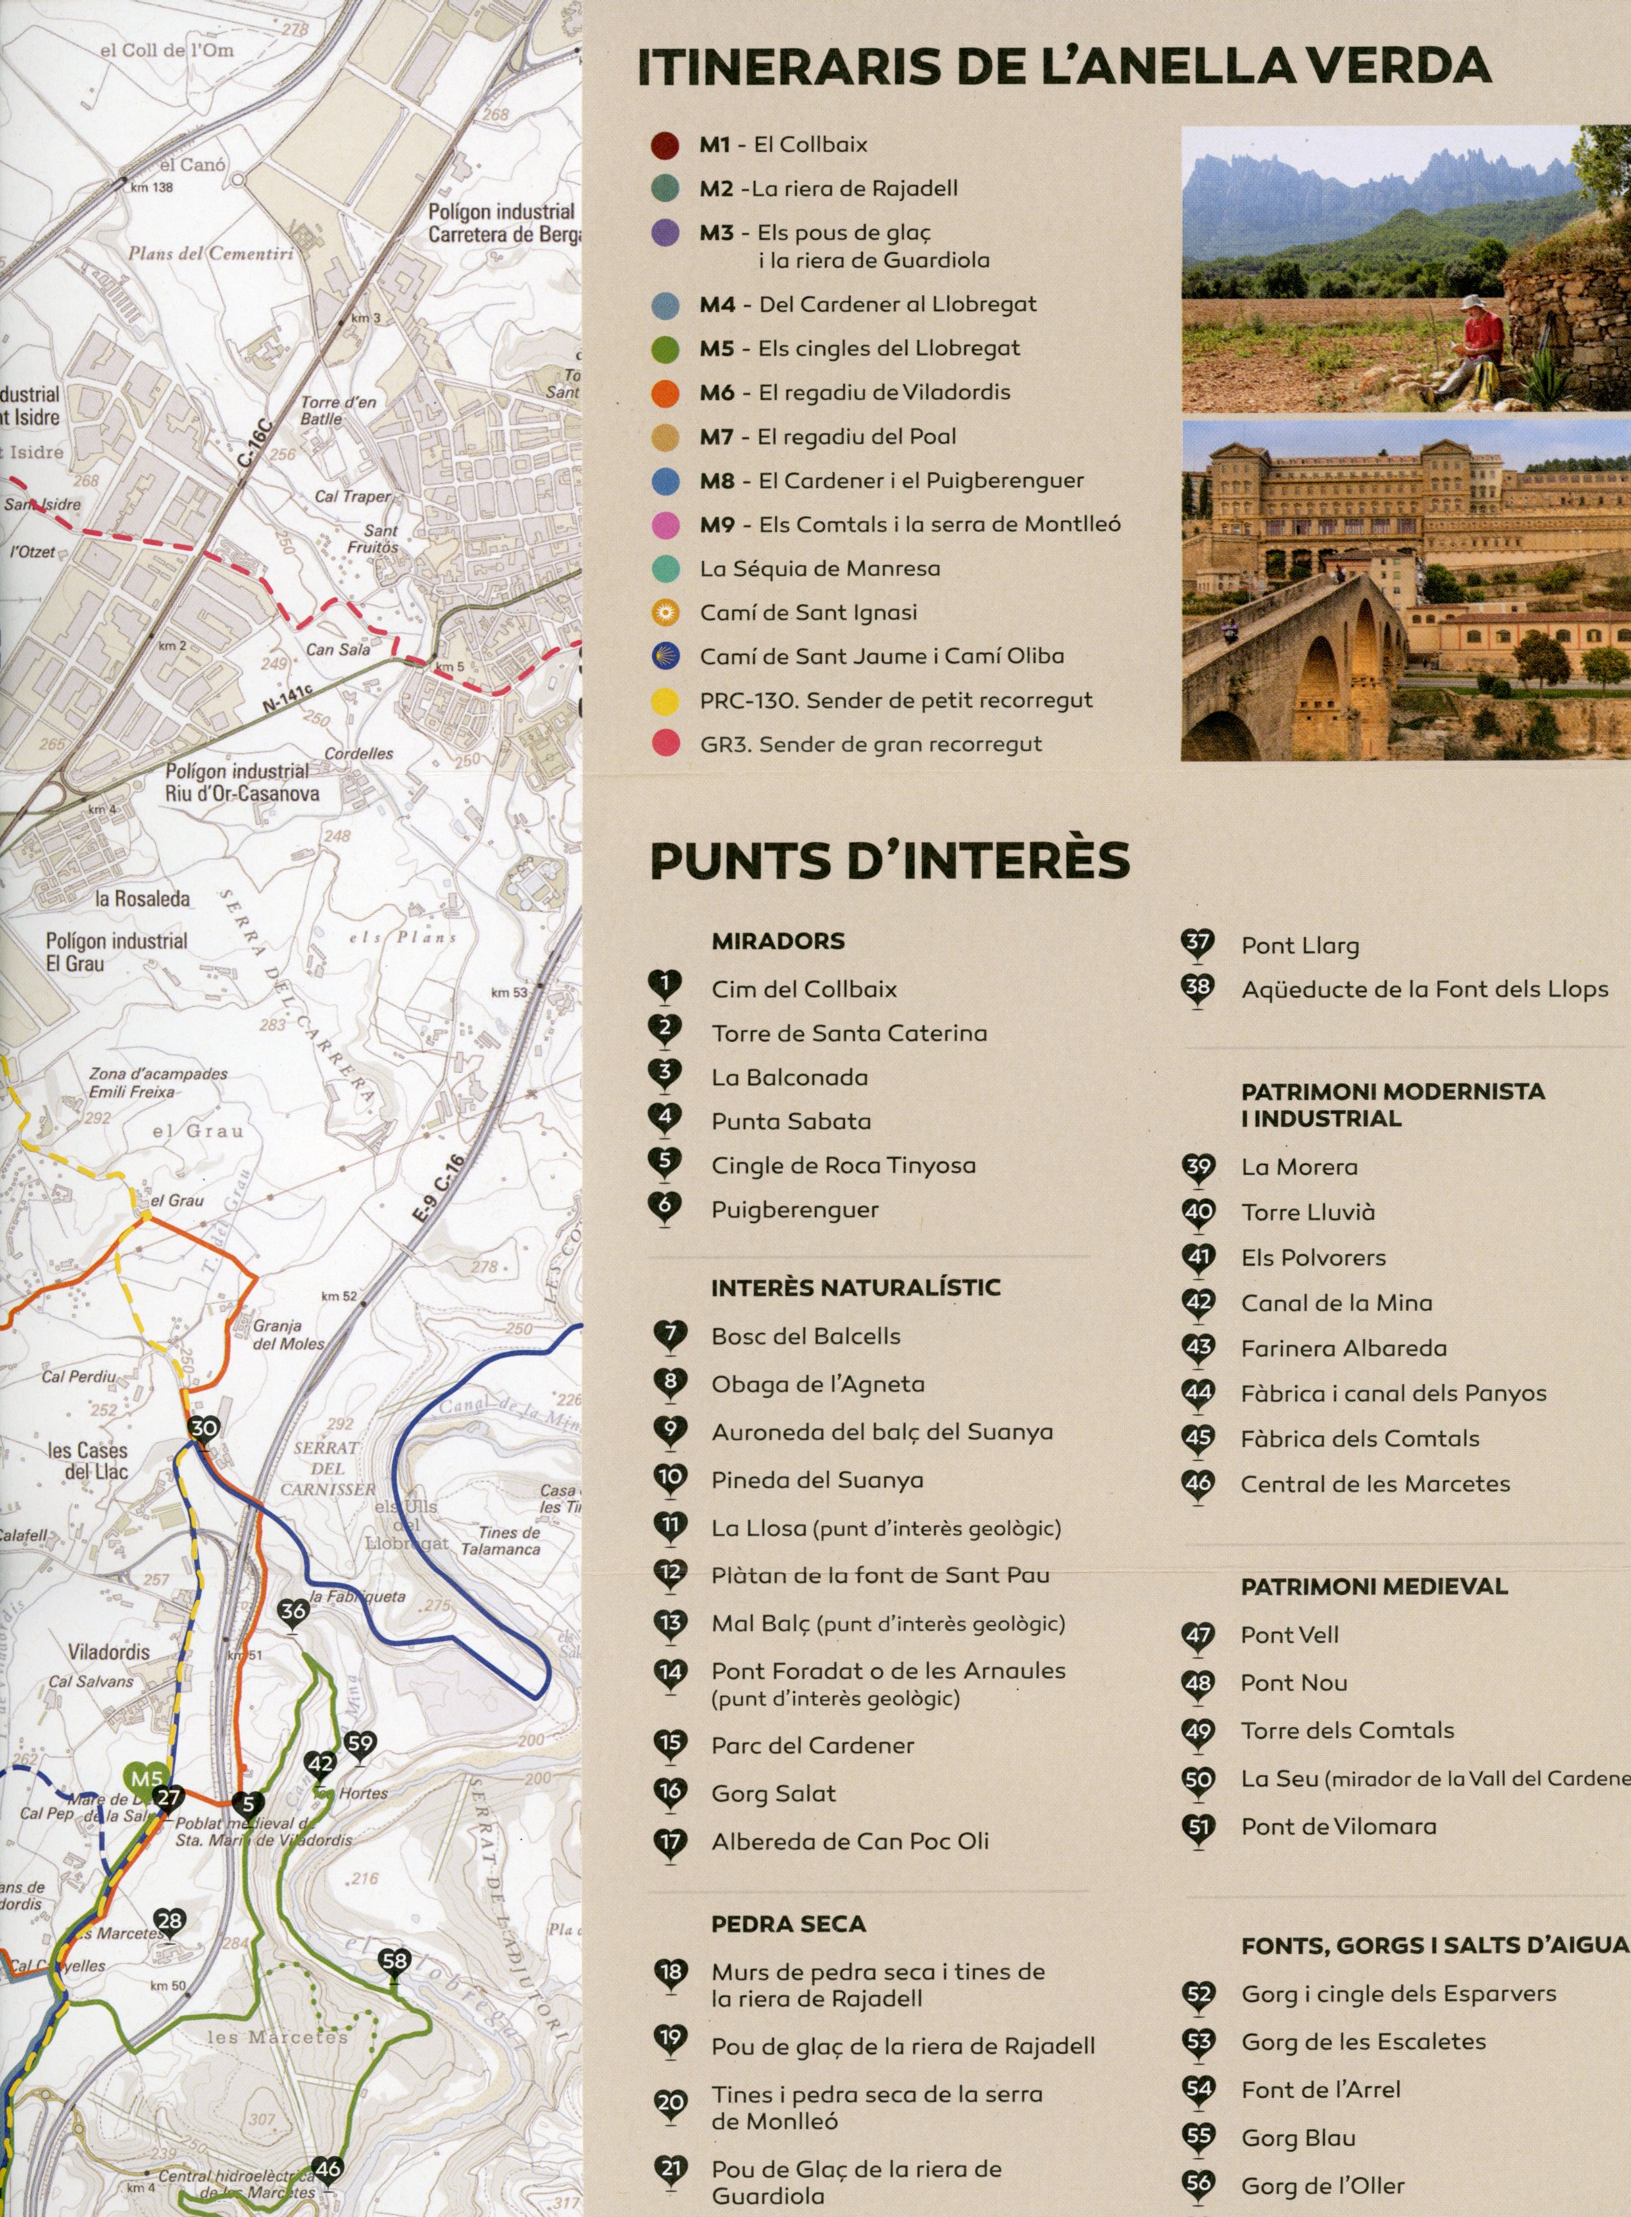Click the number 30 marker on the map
pos(203,1429)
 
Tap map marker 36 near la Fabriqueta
pos(293,1612)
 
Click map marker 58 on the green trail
pos(394,1960)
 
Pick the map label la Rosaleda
pos(142,898)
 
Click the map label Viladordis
pos(108,1651)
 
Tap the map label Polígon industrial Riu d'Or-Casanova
pos(242,781)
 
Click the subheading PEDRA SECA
pos(788,1924)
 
